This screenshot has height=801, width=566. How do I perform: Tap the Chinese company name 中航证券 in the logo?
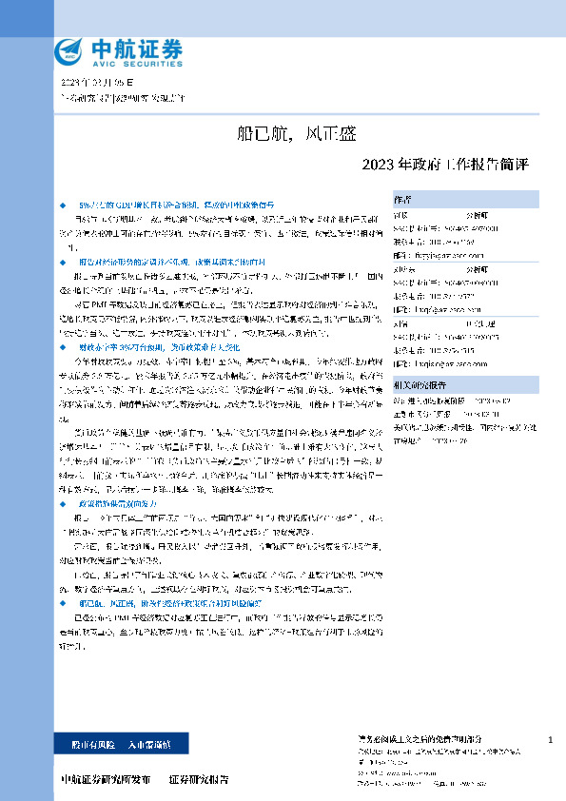pyautogui.click(x=135, y=46)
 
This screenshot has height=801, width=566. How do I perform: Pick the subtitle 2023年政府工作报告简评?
pyautogui.click(x=445, y=164)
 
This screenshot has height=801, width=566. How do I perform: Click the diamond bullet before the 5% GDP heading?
pyautogui.click(x=63, y=205)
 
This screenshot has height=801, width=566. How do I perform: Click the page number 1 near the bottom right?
pyautogui.click(x=551, y=739)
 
